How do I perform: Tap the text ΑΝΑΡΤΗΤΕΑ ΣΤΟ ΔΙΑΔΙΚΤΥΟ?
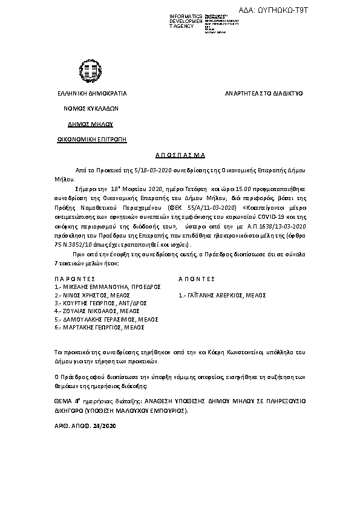point(264,94)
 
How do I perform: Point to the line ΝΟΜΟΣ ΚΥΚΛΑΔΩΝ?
point(91,109)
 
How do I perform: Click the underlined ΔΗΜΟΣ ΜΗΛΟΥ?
point(91,124)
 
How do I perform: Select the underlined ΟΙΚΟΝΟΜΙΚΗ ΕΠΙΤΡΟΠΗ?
point(91,139)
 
